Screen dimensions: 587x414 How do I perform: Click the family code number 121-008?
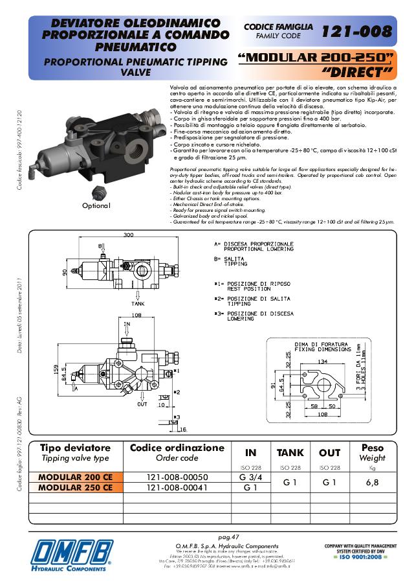coord(357,30)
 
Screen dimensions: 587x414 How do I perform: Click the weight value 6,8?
coord(372,483)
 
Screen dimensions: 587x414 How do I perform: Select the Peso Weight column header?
coord(372,452)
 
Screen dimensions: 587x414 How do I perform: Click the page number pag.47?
coord(229,537)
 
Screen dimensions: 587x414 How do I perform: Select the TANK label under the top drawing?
coord(137,303)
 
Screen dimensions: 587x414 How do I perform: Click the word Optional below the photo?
coord(96,205)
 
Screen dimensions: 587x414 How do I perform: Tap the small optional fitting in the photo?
coord(98,191)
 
